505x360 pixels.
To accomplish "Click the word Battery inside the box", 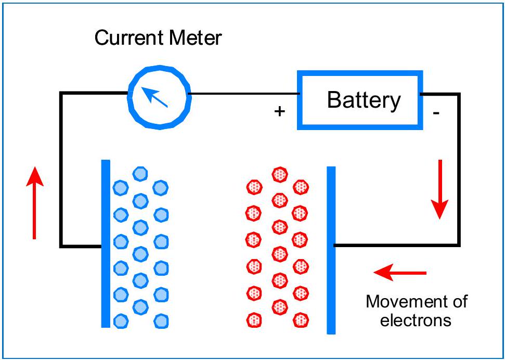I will click(x=364, y=100).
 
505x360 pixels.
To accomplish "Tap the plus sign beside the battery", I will click(x=280, y=111).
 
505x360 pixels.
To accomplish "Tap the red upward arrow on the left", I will click(x=35, y=203).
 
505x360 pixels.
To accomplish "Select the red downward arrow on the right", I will click(x=440, y=189).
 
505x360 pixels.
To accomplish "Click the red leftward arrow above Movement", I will click(x=400, y=272).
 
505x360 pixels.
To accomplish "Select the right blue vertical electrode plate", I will click(x=331, y=250).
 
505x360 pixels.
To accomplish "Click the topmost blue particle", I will click(x=139, y=174).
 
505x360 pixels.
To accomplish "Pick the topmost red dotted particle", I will click(x=280, y=174).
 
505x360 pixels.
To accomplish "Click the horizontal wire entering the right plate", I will click(x=395, y=245).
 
